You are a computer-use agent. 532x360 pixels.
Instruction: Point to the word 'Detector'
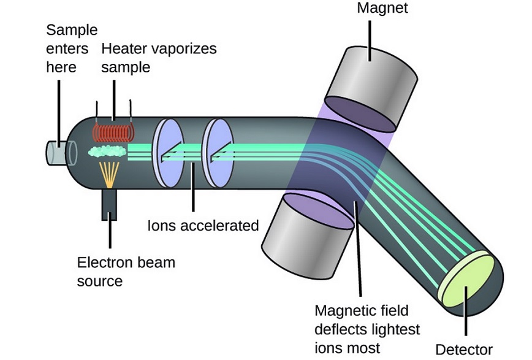point(463,350)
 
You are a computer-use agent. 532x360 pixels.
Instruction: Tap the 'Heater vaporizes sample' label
point(159,57)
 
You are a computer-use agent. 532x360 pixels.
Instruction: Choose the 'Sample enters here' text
point(71,48)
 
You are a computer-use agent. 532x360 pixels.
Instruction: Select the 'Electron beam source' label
point(126,272)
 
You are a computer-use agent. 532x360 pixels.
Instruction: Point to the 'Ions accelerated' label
point(203,226)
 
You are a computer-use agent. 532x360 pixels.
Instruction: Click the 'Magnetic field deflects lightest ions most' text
point(367,329)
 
